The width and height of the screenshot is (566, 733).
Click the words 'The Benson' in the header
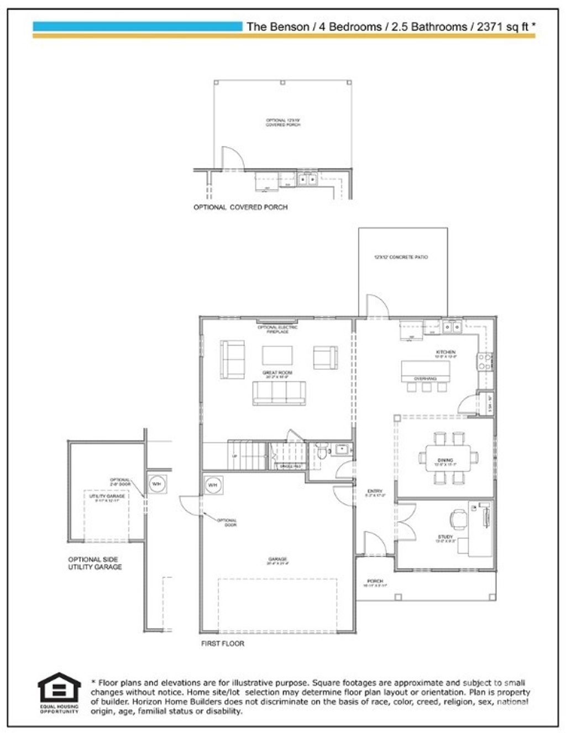[x=277, y=27]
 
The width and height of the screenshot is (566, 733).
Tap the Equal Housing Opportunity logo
[x=59, y=692]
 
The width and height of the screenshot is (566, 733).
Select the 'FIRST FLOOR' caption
[x=222, y=643]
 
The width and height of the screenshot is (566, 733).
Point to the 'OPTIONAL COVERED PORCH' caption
[x=240, y=207]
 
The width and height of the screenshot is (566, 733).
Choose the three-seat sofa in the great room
[x=279, y=393]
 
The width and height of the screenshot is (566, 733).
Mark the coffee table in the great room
[x=277, y=355]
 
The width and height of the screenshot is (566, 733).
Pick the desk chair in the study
[x=458, y=519]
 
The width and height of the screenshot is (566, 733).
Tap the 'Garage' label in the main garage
[x=277, y=560]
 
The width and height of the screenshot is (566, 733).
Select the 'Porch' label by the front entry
[x=375, y=582]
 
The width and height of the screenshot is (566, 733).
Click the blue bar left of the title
[x=137, y=26]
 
